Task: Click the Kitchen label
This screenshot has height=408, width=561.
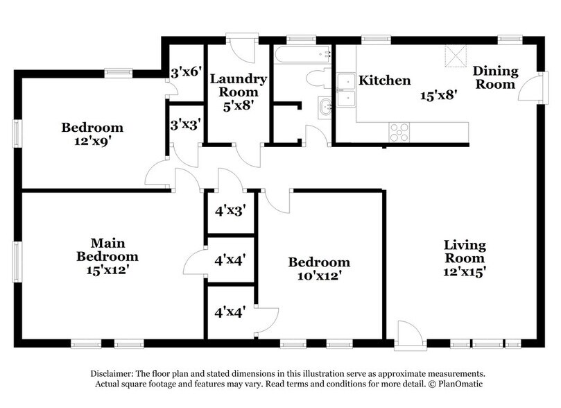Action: pos(384,81)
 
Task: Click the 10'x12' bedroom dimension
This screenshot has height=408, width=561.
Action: pos(319,275)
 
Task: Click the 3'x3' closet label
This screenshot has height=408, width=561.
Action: pos(186,125)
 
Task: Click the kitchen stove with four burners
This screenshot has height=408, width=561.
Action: pos(399,132)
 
